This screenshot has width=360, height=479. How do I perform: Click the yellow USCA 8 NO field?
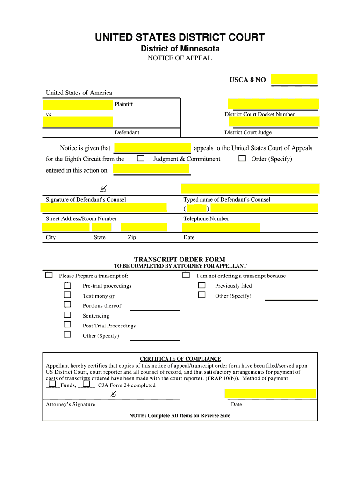coord(294,79)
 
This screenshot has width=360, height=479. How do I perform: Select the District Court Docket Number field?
coord(273,104)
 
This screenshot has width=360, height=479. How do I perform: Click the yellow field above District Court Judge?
coord(273,122)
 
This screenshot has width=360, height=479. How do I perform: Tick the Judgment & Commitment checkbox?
coord(140,159)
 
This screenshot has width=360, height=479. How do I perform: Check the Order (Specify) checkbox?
coord(242,159)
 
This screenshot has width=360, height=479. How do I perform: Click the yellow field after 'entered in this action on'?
coord(151,169)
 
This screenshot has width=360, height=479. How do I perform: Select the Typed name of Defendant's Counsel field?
coord(250,189)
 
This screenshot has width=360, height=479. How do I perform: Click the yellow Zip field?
coord(144,227)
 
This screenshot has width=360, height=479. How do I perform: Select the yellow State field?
coord(101,227)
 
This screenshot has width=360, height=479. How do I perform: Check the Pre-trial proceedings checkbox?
coord(67,285)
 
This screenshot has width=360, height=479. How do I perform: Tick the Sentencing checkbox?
coord(67,315)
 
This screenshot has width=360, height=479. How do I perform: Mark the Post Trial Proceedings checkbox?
coord(67,325)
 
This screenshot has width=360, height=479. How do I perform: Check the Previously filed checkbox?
coord(202,285)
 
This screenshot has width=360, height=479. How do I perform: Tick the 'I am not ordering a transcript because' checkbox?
coord(186,275)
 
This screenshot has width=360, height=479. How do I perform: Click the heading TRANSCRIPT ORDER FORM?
coord(180,260)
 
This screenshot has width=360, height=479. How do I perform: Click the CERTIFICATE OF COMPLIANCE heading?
coord(180,359)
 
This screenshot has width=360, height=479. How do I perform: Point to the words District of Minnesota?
coord(180,49)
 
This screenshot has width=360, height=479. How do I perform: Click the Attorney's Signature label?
coord(70,404)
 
